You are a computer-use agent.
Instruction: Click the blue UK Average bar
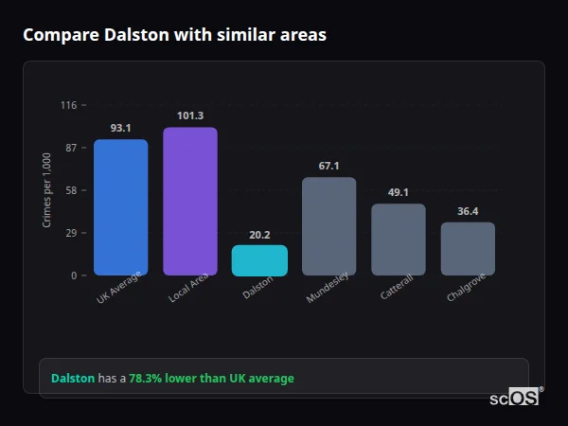point(120,207)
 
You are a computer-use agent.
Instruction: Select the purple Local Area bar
point(189,202)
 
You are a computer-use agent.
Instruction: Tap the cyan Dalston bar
point(259,260)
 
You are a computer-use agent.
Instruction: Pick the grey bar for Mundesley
point(328,226)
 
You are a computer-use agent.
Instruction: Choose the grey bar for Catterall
point(398,240)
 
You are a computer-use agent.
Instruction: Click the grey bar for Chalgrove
point(468,249)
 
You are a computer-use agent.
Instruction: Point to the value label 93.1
point(120,128)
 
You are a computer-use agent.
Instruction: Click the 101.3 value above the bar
point(189,115)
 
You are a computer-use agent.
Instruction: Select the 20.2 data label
point(259,235)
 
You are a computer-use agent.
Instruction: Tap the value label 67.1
point(328,166)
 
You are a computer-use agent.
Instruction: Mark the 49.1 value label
point(398,192)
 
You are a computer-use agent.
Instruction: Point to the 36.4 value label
point(468,211)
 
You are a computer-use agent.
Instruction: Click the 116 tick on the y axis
point(68,105)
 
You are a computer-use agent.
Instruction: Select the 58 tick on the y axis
point(70,190)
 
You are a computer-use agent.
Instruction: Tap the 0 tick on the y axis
point(73,275)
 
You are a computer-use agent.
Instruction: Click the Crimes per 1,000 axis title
point(47,190)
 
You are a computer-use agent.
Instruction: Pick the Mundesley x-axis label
point(328,288)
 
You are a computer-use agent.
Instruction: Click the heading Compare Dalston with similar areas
point(174,35)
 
